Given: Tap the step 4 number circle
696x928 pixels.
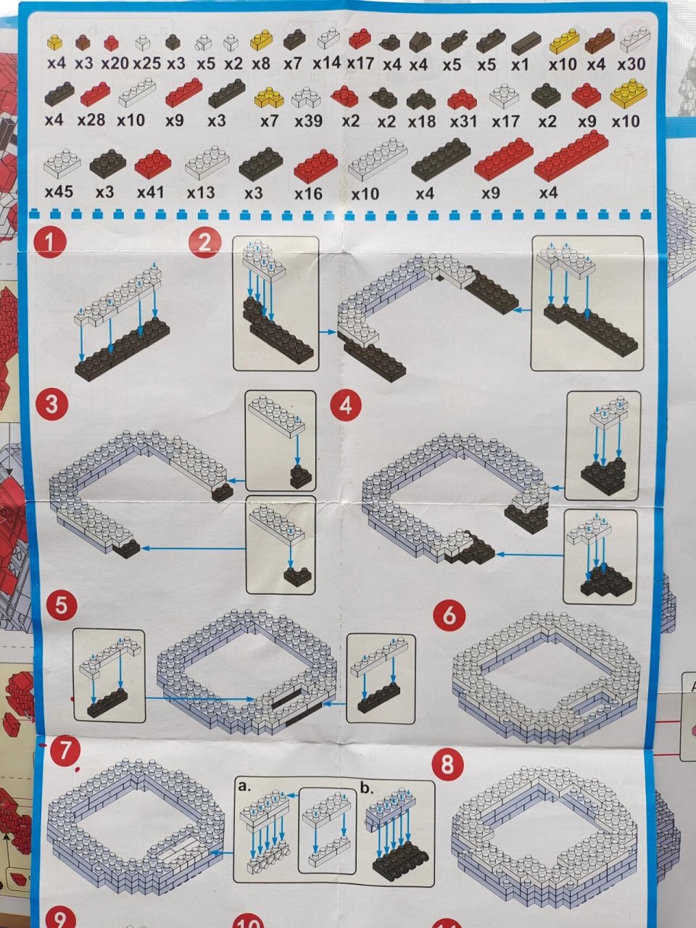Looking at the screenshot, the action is [x=346, y=406].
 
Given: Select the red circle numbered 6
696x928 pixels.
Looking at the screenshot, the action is [x=449, y=615].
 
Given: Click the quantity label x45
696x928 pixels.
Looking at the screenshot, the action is [x=59, y=192].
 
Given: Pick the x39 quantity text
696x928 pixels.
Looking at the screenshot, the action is [x=309, y=122].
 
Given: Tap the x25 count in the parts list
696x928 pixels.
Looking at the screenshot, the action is [x=147, y=64].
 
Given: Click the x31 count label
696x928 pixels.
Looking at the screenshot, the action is [x=463, y=123].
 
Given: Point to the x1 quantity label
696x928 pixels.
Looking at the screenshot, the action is [x=520, y=65].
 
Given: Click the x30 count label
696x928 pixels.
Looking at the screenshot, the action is [x=631, y=65].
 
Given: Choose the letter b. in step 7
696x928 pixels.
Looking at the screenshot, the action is [x=368, y=788].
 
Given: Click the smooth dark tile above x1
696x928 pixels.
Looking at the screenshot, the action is [x=526, y=43].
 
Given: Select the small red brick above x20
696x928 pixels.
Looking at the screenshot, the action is [x=111, y=43].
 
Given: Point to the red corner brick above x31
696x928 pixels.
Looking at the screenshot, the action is [x=463, y=100].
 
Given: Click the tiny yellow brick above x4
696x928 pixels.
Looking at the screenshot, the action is [x=55, y=42].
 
